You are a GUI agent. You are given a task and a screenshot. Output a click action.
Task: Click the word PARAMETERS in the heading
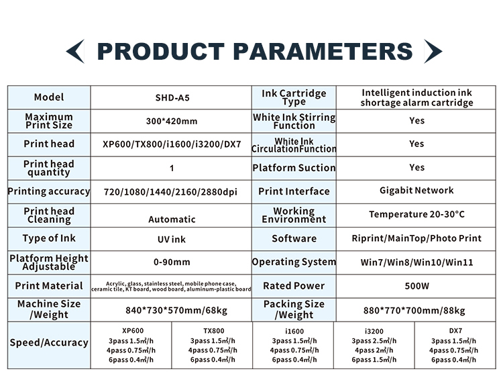click(323, 52)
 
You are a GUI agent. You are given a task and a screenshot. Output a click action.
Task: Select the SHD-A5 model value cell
click(172, 97)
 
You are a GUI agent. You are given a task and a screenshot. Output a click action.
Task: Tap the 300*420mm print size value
click(172, 121)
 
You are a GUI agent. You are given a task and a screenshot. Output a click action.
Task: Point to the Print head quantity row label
click(49, 168)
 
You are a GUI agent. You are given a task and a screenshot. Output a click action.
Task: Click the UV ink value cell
click(172, 239)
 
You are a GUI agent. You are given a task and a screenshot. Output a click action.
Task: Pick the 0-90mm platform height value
click(172, 262)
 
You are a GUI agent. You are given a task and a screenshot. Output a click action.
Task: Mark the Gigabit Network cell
click(416, 191)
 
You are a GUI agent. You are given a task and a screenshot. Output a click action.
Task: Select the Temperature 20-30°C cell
click(416, 214)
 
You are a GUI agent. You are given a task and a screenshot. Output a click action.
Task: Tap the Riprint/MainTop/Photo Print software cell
click(416, 238)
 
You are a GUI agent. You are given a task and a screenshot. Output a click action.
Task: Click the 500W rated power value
click(416, 286)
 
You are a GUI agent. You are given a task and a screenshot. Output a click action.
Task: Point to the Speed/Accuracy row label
click(49, 342)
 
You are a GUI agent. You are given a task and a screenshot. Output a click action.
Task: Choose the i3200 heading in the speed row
click(374, 331)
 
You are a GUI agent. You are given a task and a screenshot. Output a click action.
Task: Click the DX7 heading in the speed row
click(455, 331)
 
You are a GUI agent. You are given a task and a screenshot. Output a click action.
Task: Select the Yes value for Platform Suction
click(416, 167)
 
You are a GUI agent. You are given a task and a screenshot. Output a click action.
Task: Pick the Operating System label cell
click(294, 262)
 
